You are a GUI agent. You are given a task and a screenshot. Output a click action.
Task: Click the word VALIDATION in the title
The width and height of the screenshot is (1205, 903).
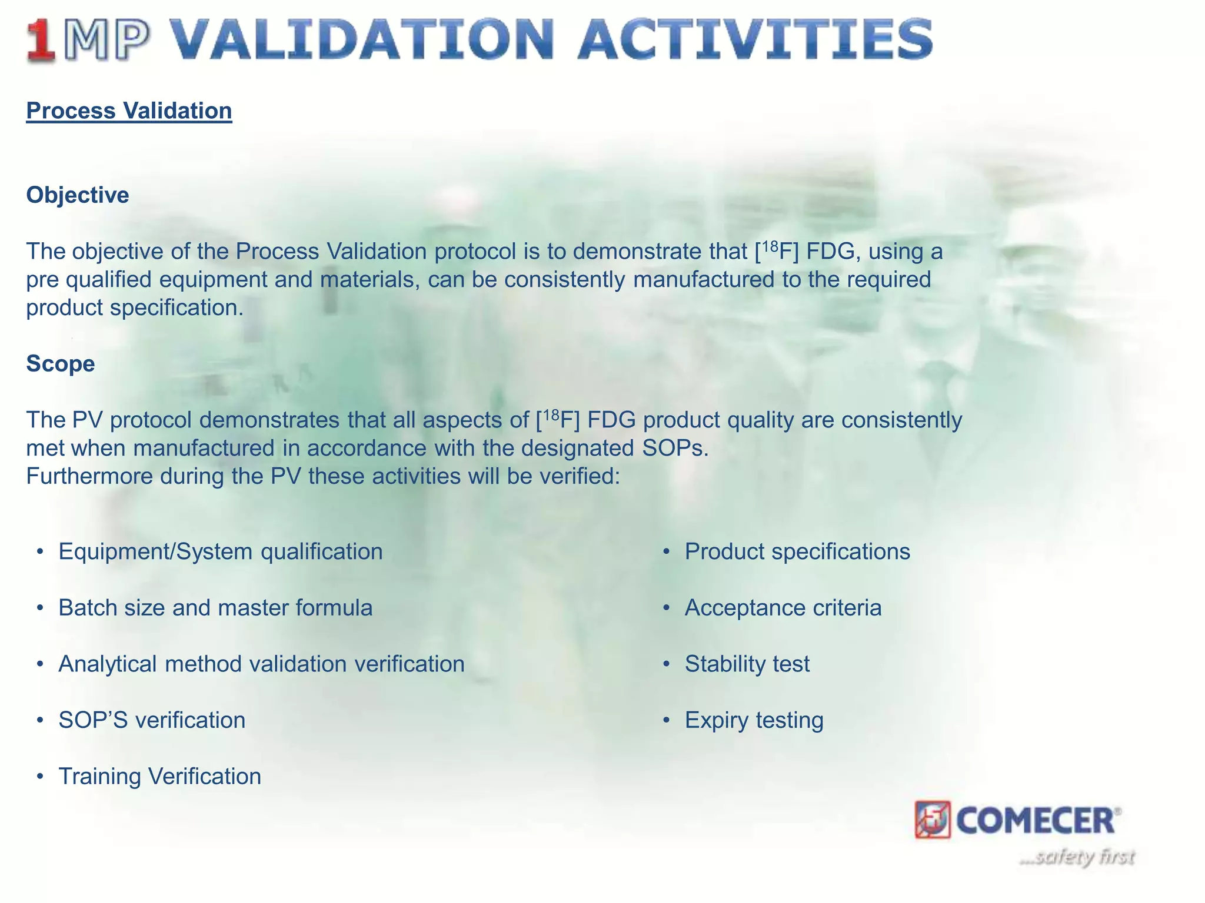363,40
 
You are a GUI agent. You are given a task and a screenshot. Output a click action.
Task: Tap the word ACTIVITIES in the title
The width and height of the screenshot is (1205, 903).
755,40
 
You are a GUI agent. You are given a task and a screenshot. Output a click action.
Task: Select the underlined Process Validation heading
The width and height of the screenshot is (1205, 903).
129,111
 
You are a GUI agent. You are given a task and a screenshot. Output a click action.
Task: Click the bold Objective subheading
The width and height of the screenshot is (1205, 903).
78,195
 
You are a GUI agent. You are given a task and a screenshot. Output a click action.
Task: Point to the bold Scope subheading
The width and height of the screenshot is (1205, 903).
61,364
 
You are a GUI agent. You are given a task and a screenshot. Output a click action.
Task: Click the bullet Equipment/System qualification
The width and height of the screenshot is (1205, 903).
221,552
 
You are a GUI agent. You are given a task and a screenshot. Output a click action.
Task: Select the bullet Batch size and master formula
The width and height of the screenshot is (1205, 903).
215,608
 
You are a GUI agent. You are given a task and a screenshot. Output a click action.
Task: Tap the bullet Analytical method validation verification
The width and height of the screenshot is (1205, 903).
261,664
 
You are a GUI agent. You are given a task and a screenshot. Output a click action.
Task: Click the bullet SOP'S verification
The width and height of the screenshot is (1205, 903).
152,720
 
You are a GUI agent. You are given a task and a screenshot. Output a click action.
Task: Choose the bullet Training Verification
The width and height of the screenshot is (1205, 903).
159,777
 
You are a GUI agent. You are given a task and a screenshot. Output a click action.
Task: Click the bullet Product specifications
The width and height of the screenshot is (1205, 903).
797,552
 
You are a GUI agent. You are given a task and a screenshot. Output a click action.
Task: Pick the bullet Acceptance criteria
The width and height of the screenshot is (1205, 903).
783,608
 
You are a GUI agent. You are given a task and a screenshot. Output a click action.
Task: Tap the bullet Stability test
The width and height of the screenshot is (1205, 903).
747,664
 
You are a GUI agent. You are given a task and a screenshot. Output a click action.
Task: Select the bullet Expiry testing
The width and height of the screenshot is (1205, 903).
754,720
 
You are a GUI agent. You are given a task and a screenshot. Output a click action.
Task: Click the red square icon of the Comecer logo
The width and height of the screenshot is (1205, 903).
933,820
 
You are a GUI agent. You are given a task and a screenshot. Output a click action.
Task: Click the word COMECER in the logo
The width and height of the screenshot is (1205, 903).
1036,821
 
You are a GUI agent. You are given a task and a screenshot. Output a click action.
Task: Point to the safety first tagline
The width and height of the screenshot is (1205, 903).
1077,857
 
